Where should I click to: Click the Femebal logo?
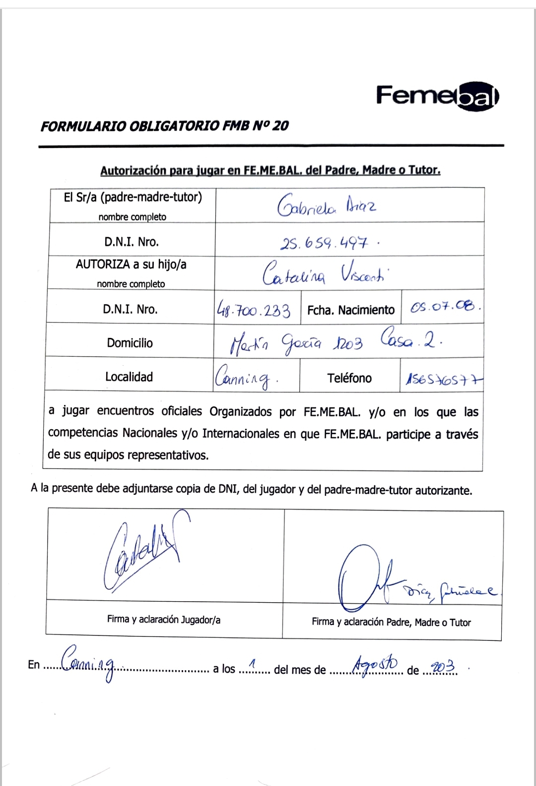pos(437,96)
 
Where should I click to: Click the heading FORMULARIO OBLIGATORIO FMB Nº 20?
pos(164,126)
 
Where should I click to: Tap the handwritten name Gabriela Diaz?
pos(326,206)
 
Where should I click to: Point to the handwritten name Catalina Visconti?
pos(325,273)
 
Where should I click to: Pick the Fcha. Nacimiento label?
pos(350,311)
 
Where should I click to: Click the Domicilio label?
pos(130,343)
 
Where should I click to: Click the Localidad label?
pos(129,377)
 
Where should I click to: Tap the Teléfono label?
pos(349,378)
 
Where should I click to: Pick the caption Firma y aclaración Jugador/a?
pos(164,620)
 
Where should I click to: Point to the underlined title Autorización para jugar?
pos(270,170)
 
